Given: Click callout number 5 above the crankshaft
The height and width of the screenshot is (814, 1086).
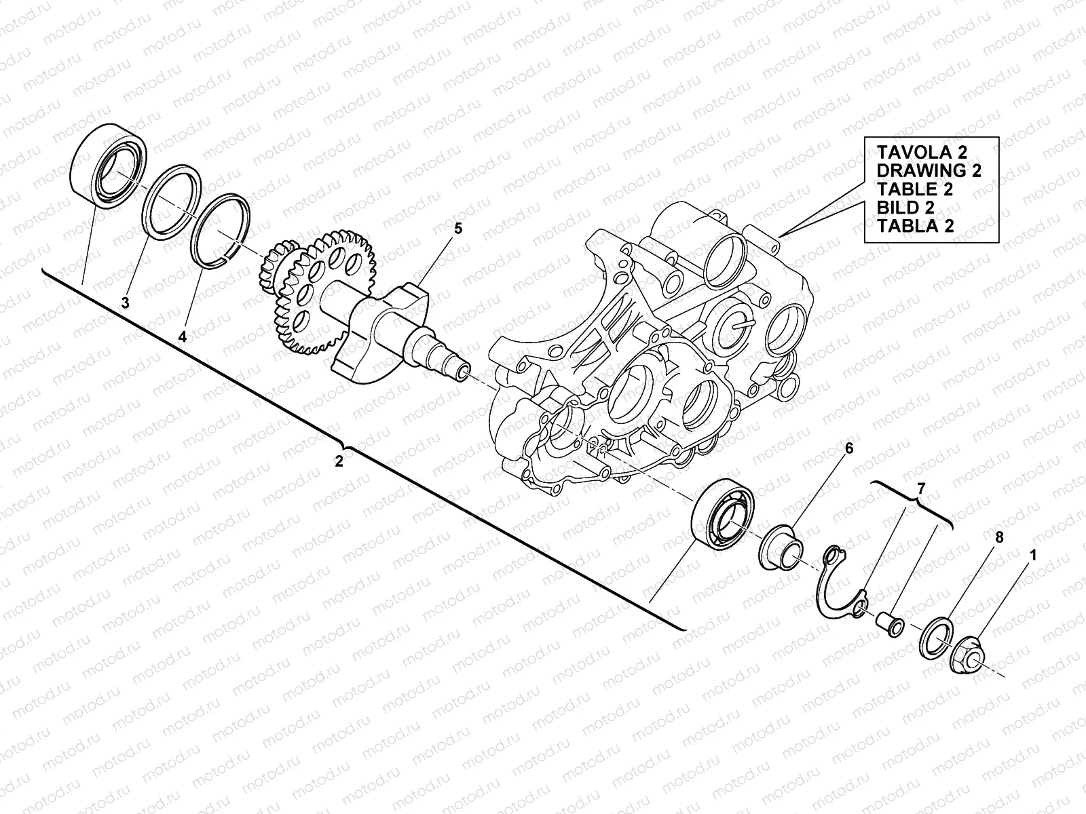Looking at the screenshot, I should pyautogui.click(x=457, y=229).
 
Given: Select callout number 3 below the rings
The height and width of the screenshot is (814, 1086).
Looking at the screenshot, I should pyautogui.click(x=125, y=303).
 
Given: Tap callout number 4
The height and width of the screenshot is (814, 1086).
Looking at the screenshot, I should pyautogui.click(x=182, y=335).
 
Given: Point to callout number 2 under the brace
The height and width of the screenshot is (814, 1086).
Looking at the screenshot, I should pyautogui.click(x=339, y=461).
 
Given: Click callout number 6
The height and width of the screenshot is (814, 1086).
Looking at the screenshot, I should pyautogui.click(x=848, y=449).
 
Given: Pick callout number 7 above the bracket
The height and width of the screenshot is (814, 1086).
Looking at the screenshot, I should pyautogui.click(x=920, y=488).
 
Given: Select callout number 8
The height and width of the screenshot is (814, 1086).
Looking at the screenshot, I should pyautogui.click(x=998, y=537).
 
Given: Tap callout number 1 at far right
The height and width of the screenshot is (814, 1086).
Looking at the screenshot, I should pyautogui.click(x=1033, y=555).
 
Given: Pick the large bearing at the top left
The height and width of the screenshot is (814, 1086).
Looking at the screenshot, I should pyautogui.click(x=108, y=165).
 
